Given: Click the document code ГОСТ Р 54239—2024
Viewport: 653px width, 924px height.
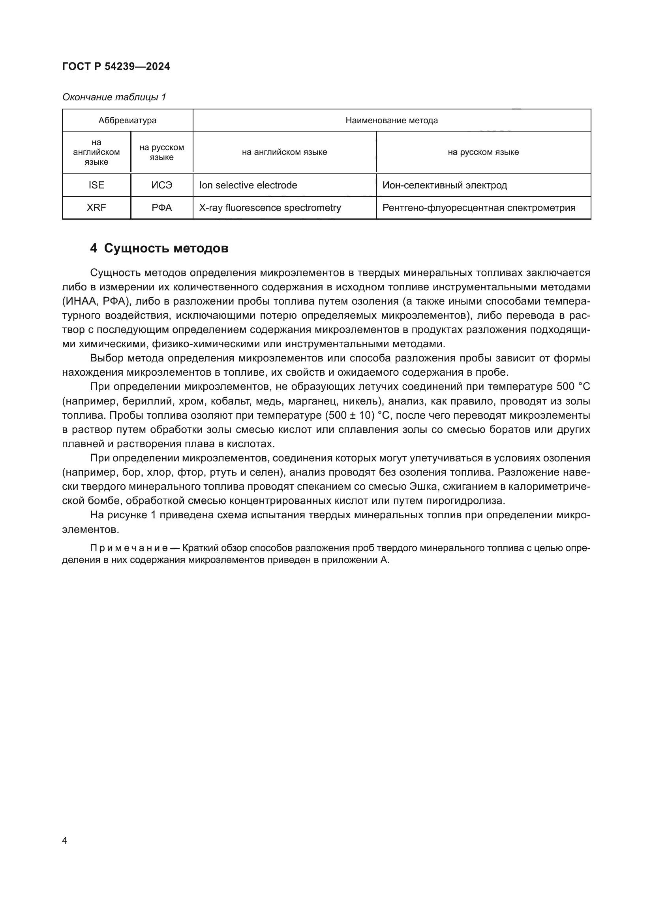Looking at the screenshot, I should coord(116,66).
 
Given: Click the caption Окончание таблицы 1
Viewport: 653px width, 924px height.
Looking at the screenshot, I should coord(114,97).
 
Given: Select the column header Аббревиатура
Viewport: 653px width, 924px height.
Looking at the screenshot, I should coord(128,120).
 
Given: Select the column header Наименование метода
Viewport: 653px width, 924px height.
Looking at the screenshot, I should coord(392,120).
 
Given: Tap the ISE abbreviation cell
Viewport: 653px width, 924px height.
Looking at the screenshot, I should coord(96,185).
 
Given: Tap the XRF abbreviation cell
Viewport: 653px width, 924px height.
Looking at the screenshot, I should coord(96,208).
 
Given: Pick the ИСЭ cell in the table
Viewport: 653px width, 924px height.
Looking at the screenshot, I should coord(161,185).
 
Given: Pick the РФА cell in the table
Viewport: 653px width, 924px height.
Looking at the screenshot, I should coord(161,208).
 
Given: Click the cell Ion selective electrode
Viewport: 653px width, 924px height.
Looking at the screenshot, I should coord(248,185).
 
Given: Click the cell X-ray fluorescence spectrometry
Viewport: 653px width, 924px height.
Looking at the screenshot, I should coord(270,208).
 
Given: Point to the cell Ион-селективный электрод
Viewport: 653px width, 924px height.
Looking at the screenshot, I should coord(444,185).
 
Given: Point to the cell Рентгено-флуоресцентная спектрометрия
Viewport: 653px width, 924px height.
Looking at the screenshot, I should coord(478,208).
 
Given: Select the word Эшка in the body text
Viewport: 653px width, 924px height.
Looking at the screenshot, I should coord(422,487).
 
